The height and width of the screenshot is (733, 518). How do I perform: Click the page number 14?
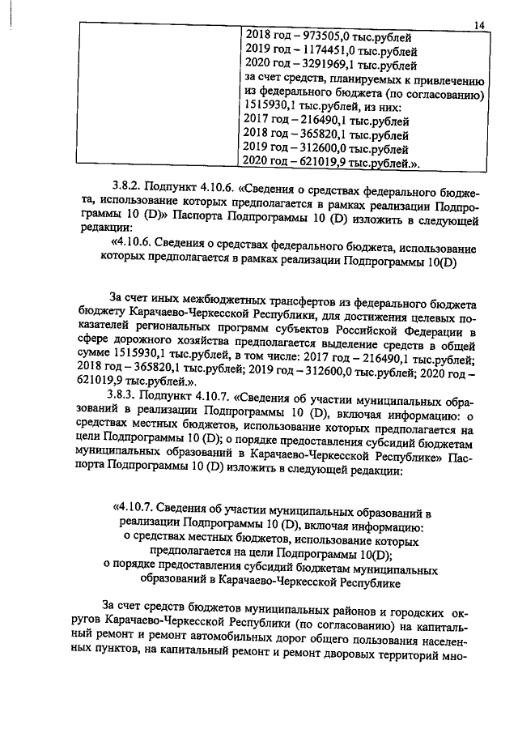point(478,26)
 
